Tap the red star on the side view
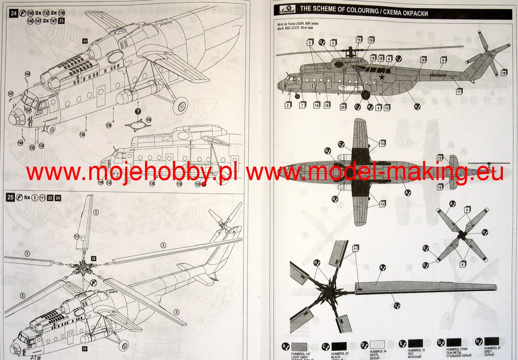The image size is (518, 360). pyautogui.click(x=382, y=77)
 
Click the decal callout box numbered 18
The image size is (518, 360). pyautogui.click(x=504, y=73)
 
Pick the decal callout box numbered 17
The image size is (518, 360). pyautogui.click(x=459, y=92)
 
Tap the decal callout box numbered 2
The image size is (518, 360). pyautogui.click(x=287, y=105)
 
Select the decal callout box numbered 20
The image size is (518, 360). pyautogui.click(x=343, y=107)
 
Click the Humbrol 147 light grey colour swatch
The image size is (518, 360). pyautogui.click(x=299, y=346)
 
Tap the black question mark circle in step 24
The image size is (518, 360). pyautogui.click(x=138, y=111)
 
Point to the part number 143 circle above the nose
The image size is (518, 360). pyautogui.click(x=28, y=74)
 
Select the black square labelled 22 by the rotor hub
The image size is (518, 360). pyautogui.click(x=93, y=259)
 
